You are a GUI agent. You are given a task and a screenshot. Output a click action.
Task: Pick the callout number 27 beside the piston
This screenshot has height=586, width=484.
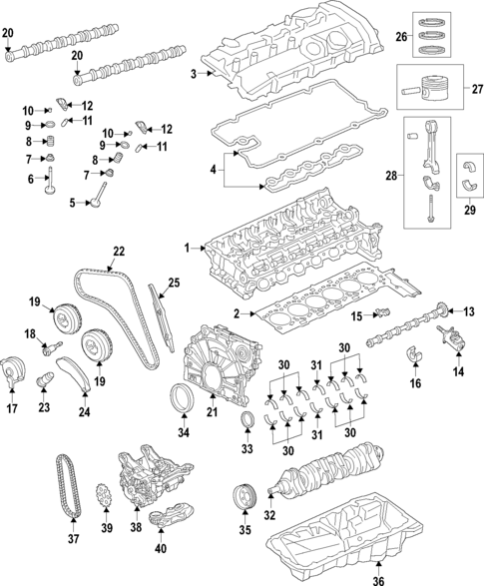[475, 89]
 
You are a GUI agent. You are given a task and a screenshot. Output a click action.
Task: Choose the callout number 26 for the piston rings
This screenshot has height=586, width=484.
[401, 38]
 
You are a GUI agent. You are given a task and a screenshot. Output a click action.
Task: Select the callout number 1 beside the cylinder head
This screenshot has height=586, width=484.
[185, 247]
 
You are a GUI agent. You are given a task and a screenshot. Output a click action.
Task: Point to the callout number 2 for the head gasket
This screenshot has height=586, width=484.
[237, 314]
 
